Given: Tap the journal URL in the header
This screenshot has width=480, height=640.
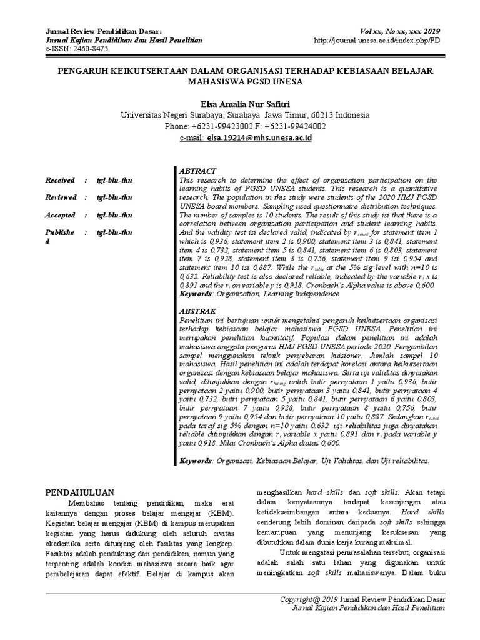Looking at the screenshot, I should pyautogui.click(x=379, y=39).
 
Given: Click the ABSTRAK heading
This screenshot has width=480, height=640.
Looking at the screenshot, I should pyautogui.click(x=198, y=311).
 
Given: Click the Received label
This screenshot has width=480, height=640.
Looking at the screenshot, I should pyautogui.click(x=59, y=180).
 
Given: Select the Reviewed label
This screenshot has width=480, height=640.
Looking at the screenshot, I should pyautogui.click(x=61, y=197).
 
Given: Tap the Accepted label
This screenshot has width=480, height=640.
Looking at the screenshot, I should pyautogui.click(x=59, y=215).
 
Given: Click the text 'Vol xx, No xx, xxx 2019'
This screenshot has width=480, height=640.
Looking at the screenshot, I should pyautogui.click(x=400, y=31).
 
